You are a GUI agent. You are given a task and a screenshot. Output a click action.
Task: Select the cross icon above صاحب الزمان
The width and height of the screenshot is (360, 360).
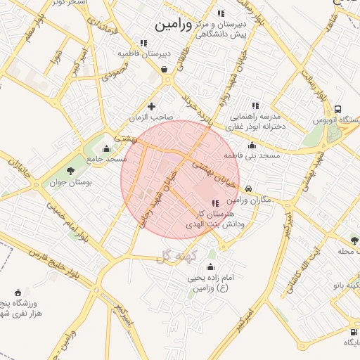coord(151,106)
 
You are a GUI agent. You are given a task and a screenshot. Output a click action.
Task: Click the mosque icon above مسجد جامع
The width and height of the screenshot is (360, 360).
coord(106,148)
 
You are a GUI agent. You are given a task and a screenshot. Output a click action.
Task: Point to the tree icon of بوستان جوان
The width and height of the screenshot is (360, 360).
coord(70,170)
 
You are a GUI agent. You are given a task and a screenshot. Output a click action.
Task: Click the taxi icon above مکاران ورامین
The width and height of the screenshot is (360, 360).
coord(250,188)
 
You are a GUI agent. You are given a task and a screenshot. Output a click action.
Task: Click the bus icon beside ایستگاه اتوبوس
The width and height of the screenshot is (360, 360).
coord(338,110)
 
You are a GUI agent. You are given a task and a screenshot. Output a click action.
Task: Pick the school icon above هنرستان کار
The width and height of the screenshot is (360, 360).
coord(215,203)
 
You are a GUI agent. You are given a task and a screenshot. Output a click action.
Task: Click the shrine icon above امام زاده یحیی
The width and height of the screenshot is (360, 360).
coord(210,267)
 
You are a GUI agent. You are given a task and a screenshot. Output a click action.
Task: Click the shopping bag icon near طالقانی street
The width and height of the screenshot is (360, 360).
coord(164,69)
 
